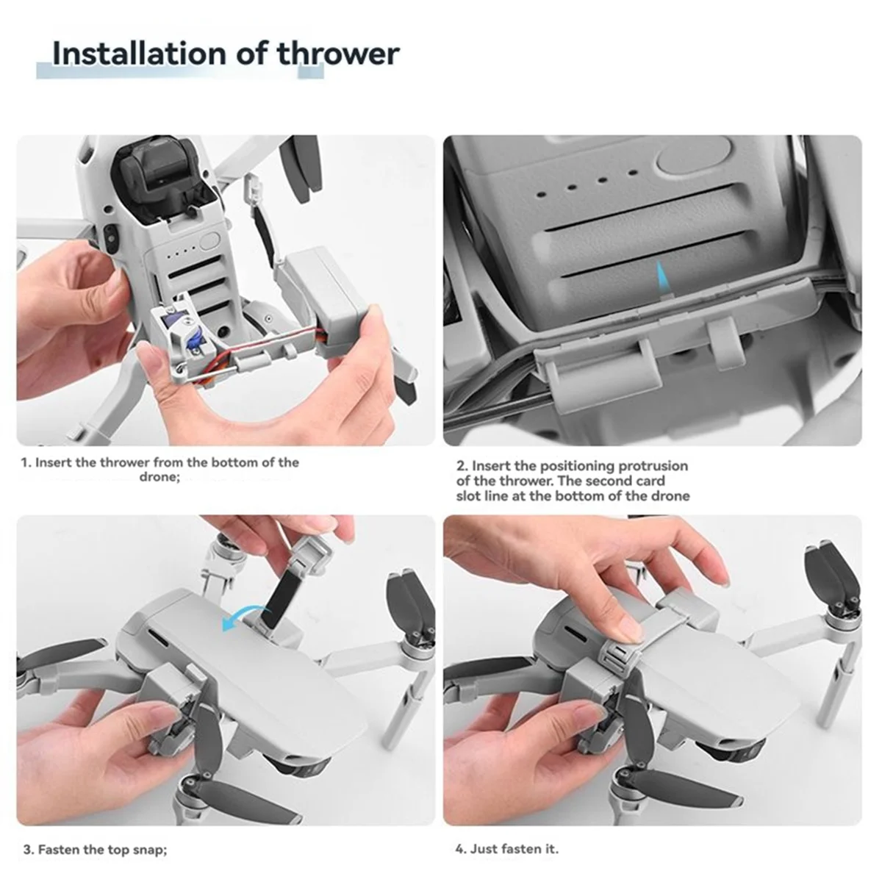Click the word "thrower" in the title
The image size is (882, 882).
point(338,55)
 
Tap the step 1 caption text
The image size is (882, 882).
point(159,470)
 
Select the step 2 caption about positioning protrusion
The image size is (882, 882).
point(573,481)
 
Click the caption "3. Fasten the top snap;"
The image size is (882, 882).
point(95,850)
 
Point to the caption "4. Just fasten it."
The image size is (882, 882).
point(506,849)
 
